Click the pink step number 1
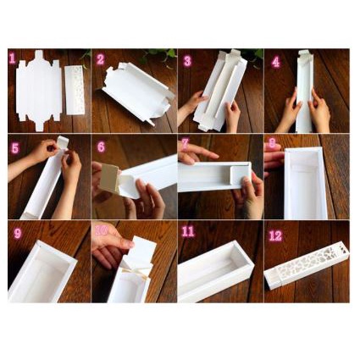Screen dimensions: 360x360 12,58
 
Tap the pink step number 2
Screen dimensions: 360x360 100,59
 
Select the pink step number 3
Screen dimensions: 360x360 187,61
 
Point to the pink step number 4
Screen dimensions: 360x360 275,62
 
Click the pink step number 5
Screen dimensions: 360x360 15,148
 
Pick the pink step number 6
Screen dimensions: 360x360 101,147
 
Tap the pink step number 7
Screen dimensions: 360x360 185,144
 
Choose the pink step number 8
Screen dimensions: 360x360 272,143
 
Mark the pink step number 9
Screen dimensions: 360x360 18,233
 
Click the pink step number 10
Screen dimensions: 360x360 102,230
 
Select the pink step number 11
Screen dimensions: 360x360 188,231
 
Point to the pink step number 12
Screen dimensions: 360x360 275,235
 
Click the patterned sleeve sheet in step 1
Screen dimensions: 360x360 74,90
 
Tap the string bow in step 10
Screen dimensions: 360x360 137,274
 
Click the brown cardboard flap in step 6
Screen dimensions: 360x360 110,178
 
